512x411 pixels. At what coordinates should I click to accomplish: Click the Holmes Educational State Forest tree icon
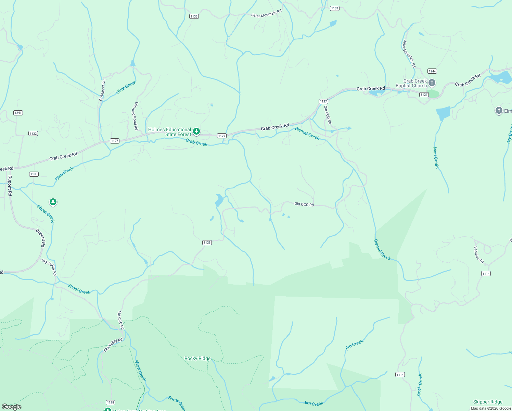(196, 132)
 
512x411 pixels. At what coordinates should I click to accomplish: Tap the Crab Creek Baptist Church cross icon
(432, 83)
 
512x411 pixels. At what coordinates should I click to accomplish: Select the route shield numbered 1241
(18, 113)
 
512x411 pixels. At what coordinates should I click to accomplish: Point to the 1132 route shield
(33, 134)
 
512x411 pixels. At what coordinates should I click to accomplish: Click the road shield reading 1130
(34, 174)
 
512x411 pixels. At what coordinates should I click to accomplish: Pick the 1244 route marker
(432, 71)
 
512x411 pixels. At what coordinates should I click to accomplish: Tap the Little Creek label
(126, 87)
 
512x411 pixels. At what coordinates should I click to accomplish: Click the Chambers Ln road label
(102, 90)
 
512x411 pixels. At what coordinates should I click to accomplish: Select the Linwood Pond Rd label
(136, 116)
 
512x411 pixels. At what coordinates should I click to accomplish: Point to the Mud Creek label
(436, 158)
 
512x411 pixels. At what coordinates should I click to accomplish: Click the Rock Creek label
(420, 385)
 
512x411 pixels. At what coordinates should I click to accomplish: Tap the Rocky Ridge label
(197, 358)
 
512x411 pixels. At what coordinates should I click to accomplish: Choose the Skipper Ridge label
(488, 402)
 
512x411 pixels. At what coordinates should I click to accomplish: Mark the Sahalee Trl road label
(479, 255)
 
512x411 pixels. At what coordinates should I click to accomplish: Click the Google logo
(11, 407)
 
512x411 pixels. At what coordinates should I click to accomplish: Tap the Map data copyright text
(491, 408)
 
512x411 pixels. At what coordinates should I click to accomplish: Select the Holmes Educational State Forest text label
(169, 132)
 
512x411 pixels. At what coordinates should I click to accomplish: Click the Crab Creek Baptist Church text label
(411, 84)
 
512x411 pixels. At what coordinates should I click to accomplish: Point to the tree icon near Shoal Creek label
(53, 202)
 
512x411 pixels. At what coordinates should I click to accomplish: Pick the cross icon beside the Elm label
(499, 111)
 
